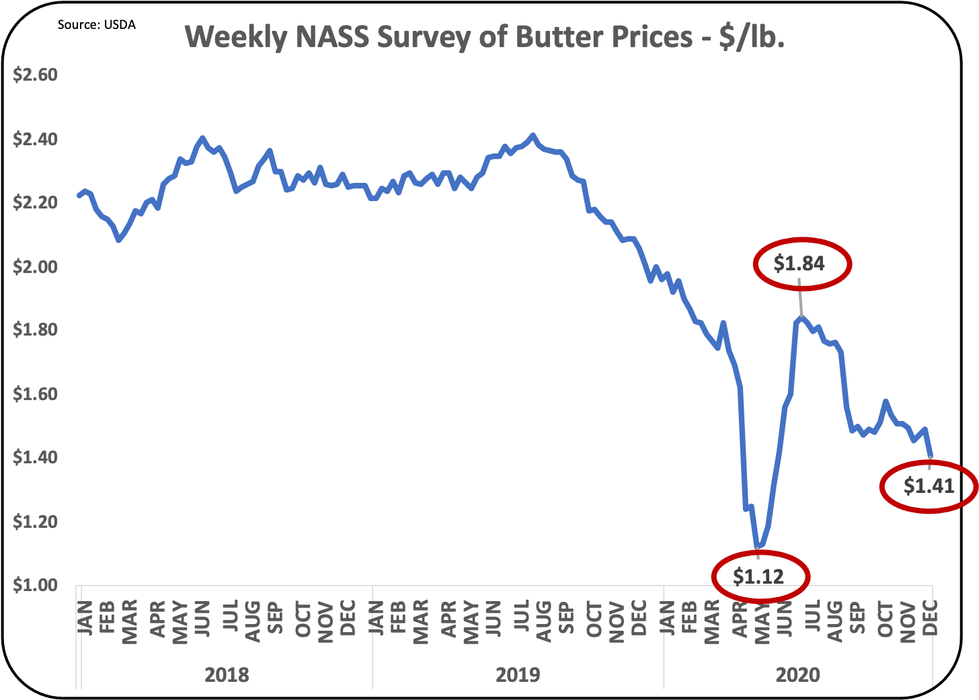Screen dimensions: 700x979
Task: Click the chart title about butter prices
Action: coord(485,38)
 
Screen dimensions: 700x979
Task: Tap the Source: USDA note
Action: coord(96,25)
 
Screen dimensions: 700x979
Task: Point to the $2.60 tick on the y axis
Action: coord(35,75)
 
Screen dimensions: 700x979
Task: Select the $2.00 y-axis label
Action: coord(35,267)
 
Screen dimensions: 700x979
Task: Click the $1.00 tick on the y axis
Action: coord(35,585)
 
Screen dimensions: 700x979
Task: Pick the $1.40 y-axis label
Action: coord(35,457)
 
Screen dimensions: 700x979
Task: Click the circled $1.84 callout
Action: coord(799,264)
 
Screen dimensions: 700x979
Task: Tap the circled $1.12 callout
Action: coord(758,576)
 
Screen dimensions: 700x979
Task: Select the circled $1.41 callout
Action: coord(929,486)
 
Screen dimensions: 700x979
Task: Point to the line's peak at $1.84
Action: coord(801,316)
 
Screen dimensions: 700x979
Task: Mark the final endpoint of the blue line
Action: coord(931,457)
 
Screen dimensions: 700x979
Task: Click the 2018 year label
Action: coord(227,674)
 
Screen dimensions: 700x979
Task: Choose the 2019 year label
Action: coord(518,674)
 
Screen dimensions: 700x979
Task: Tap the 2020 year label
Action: coord(797,674)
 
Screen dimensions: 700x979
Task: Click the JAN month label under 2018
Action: coord(85,618)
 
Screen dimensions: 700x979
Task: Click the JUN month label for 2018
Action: coord(202,618)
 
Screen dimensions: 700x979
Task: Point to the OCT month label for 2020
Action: coord(885,619)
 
